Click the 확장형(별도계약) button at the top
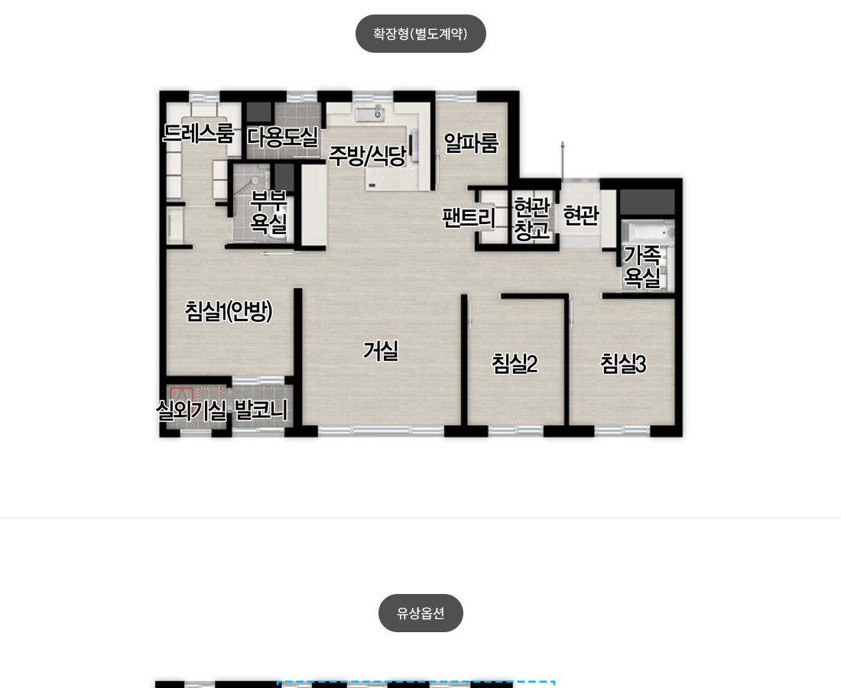point(420,34)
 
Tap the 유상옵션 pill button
point(420,613)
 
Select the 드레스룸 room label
point(199,133)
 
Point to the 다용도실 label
point(283,137)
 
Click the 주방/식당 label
point(368,156)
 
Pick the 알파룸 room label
point(472,143)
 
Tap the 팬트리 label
point(468,217)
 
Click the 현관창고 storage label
point(532,219)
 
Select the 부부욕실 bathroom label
point(268,213)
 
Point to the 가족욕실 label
point(642,267)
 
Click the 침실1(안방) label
point(229,311)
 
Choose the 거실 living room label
point(381,351)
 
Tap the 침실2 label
point(515,364)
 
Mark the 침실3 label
point(623,364)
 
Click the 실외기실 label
point(191,411)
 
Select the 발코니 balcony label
point(261,411)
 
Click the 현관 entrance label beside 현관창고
point(581,216)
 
